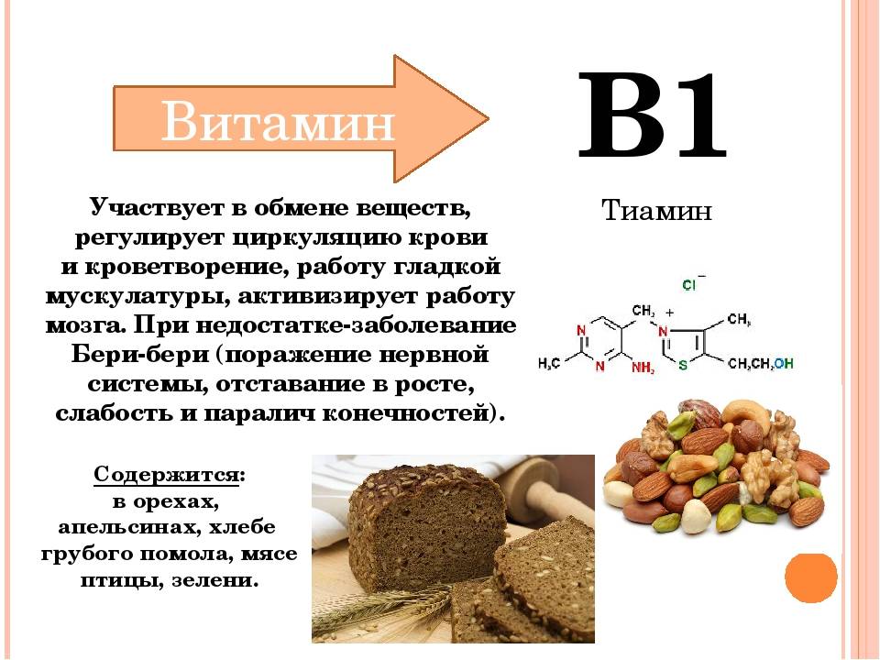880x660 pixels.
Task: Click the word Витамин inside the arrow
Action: click(x=278, y=121)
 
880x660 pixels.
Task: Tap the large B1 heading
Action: click(x=652, y=115)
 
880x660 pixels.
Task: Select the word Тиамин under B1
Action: click(x=656, y=211)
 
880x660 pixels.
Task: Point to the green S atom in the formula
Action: click(x=683, y=366)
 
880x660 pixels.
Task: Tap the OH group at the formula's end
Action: click(x=784, y=364)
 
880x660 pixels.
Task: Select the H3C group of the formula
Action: click(x=549, y=364)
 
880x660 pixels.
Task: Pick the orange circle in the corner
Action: click(x=811, y=578)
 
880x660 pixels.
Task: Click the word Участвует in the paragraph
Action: click(x=157, y=208)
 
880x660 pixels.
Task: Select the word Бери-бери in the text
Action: click(x=140, y=355)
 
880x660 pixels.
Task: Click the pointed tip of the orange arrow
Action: click(x=489, y=118)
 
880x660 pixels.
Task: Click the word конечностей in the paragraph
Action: click(x=407, y=413)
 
